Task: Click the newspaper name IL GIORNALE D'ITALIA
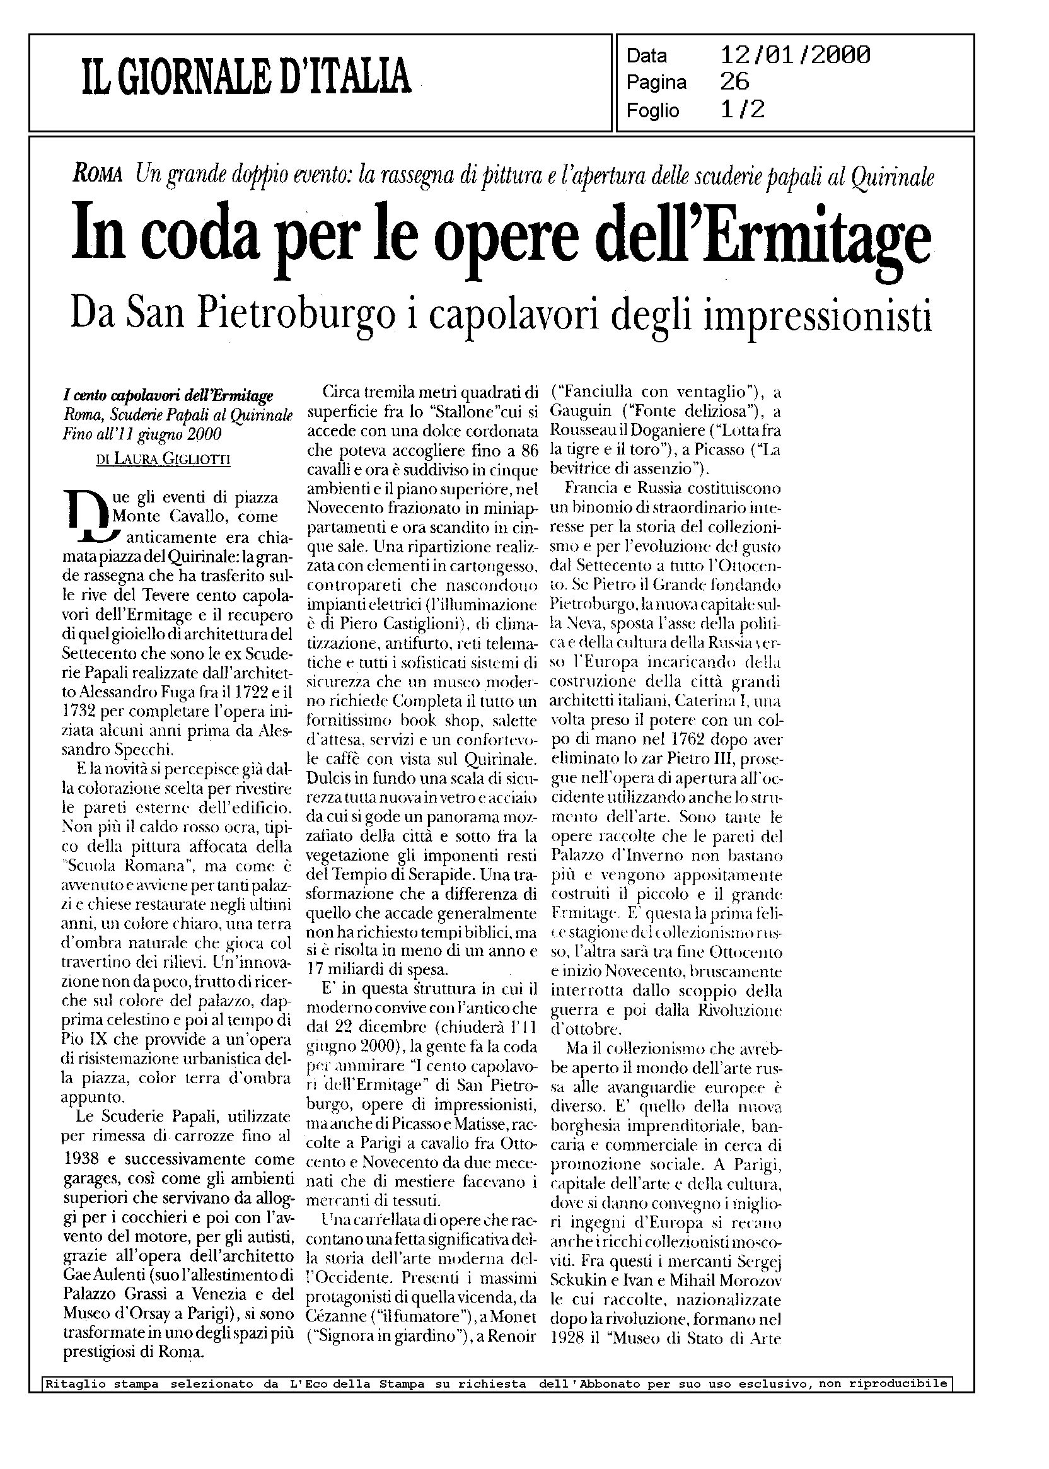point(246,76)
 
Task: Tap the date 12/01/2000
point(795,55)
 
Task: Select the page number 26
point(734,82)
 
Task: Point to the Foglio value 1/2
point(742,110)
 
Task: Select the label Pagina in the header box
point(656,83)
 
